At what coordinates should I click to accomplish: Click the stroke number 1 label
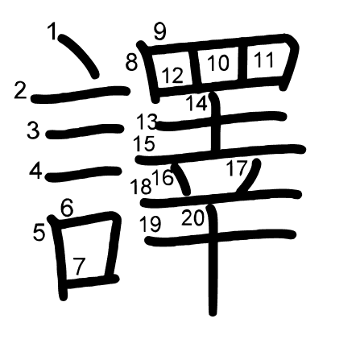tap(52, 31)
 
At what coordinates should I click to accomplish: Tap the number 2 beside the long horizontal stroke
tap(21, 90)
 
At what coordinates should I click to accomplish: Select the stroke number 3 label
tap(33, 130)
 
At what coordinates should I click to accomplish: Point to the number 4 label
tap(35, 172)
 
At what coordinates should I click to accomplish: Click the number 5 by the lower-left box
tap(39, 233)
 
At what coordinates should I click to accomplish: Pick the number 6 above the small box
tap(67, 208)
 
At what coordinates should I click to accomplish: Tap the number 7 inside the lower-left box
tap(79, 267)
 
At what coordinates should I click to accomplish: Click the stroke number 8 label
tap(131, 62)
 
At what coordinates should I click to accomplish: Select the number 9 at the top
tap(160, 31)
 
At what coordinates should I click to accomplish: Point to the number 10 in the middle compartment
tap(218, 63)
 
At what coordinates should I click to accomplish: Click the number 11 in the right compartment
tap(264, 60)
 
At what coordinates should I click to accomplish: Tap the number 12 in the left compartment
tap(173, 75)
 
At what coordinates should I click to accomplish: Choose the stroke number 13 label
tap(147, 122)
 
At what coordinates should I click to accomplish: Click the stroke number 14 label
tap(197, 103)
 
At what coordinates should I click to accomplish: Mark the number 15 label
tap(144, 143)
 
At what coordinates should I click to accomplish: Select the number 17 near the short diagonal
tap(237, 168)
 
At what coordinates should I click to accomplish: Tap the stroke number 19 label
tap(151, 224)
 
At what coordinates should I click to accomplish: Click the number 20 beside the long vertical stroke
tap(193, 217)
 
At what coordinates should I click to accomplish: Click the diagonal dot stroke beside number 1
tap(78, 56)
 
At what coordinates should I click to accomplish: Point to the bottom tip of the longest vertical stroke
tap(213, 314)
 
